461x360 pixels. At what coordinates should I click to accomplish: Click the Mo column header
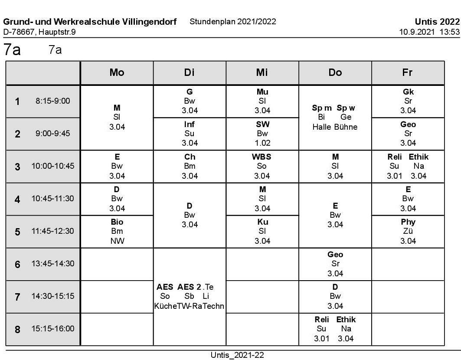(117, 73)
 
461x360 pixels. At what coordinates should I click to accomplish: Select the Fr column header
(408, 73)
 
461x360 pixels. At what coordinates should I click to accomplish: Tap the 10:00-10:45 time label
(53, 166)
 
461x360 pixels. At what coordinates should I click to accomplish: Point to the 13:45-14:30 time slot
(53, 264)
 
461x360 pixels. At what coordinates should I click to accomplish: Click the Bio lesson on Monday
(117, 232)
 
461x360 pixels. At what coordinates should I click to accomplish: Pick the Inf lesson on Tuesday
(190, 134)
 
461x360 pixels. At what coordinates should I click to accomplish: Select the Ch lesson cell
(190, 166)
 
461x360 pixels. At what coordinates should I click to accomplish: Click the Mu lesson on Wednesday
(262, 101)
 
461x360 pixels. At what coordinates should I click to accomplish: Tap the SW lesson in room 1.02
(262, 134)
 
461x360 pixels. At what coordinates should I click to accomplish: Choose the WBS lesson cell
(262, 166)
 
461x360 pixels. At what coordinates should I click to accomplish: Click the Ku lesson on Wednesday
(262, 232)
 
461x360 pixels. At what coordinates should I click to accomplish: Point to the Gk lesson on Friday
(408, 101)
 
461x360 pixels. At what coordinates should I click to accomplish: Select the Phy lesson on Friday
(408, 232)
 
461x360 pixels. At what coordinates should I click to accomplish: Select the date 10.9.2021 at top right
(416, 32)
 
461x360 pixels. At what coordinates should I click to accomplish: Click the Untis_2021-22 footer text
(237, 355)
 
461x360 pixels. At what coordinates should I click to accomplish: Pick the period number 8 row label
(17, 329)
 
